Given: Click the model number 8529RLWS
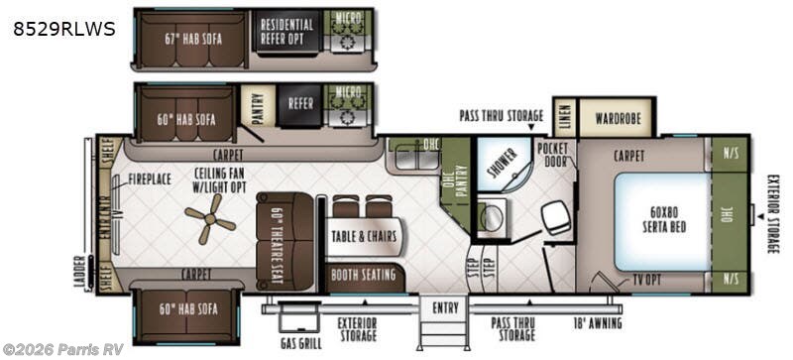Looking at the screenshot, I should (x=63, y=30).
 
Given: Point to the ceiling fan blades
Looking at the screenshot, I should (x=210, y=218).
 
